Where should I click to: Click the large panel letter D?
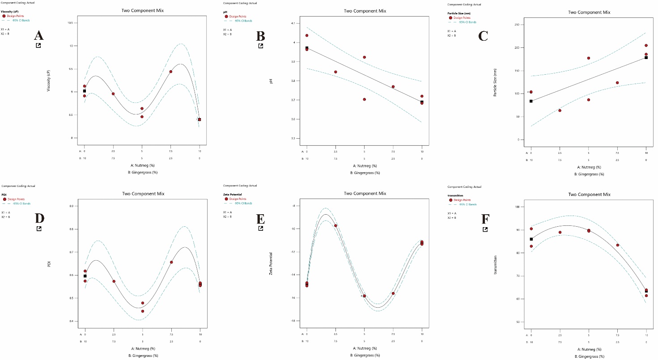tap(39, 218)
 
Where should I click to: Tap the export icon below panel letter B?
tap(261, 46)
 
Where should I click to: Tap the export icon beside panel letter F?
tap(485, 229)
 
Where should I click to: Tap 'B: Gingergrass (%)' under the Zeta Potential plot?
tap(365, 356)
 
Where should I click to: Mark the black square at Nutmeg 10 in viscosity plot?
tap(200, 119)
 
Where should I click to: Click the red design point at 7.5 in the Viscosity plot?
tap(170, 72)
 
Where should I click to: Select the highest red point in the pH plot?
tap(307, 35)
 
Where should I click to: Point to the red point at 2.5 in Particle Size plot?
tap(560, 110)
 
